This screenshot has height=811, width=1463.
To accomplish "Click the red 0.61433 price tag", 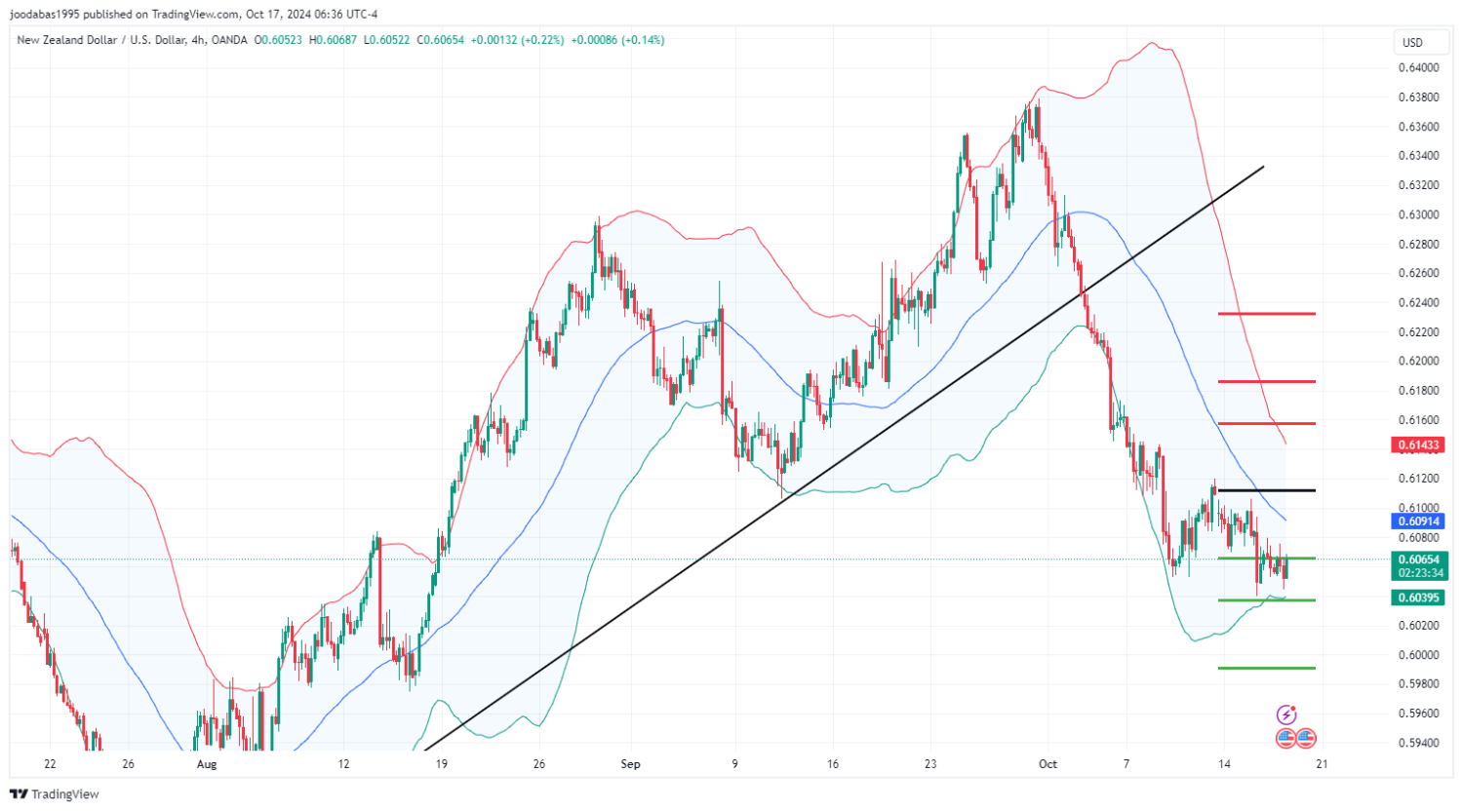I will point(1417,445).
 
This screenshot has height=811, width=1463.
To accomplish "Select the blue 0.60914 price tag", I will point(1417,521).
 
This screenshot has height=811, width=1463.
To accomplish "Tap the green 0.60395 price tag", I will point(1417,598).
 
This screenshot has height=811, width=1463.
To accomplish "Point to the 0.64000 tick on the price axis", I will point(1417,67).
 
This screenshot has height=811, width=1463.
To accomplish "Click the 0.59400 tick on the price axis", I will point(1417,743).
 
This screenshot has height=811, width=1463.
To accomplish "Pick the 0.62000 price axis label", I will point(1417,361).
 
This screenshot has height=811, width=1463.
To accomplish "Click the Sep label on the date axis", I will point(630,764).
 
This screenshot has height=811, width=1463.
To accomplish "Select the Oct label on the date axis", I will point(1048,764).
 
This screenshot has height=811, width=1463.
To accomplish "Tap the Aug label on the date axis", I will point(206,764).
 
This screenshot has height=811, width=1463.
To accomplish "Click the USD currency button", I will point(1412,43).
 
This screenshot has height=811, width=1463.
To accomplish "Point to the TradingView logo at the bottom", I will point(55,794).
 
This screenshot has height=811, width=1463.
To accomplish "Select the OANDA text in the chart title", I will point(228,40).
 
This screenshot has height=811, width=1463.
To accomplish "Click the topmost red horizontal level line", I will point(1266,314).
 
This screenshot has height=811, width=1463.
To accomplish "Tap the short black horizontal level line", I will point(1266,490).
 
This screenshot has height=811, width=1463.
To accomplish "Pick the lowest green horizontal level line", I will point(1266,668).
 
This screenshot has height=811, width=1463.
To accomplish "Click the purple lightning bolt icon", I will point(1287,715).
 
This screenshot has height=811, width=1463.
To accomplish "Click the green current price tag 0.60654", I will point(1417,560).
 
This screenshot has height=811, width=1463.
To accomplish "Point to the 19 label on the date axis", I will point(442,764).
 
